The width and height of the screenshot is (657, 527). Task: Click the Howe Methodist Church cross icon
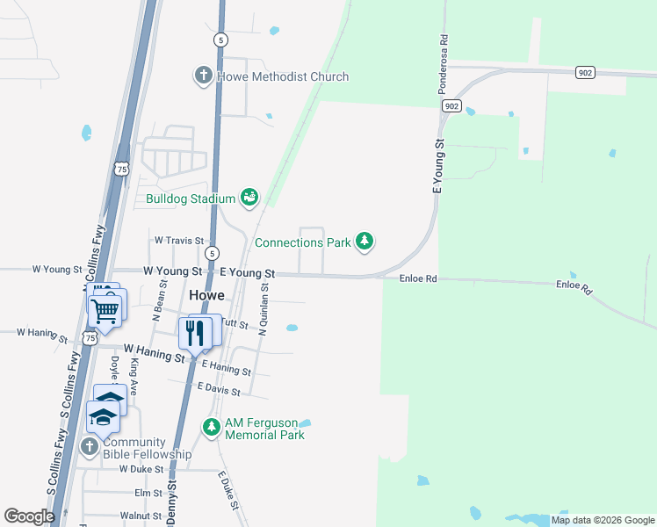pyautogui.click(x=203, y=76)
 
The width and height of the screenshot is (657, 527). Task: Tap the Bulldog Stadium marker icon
pyautogui.click(x=250, y=198)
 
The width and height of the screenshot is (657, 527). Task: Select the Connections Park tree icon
pyautogui.click(x=365, y=241)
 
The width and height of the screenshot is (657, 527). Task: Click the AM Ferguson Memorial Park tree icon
pyautogui.click(x=211, y=428)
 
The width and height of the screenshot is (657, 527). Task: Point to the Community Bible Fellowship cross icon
pyautogui.click(x=89, y=447)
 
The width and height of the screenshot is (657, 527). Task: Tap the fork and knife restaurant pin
pyautogui.click(x=195, y=333)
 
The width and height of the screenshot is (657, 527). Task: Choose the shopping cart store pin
pyautogui.click(x=105, y=310)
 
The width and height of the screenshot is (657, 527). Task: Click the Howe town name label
pyautogui.click(x=206, y=294)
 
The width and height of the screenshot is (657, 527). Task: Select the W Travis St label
pyautogui.click(x=179, y=240)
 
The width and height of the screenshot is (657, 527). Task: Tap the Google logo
pyautogui.click(x=29, y=516)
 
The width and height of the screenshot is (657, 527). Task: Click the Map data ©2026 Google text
pyautogui.click(x=602, y=520)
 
